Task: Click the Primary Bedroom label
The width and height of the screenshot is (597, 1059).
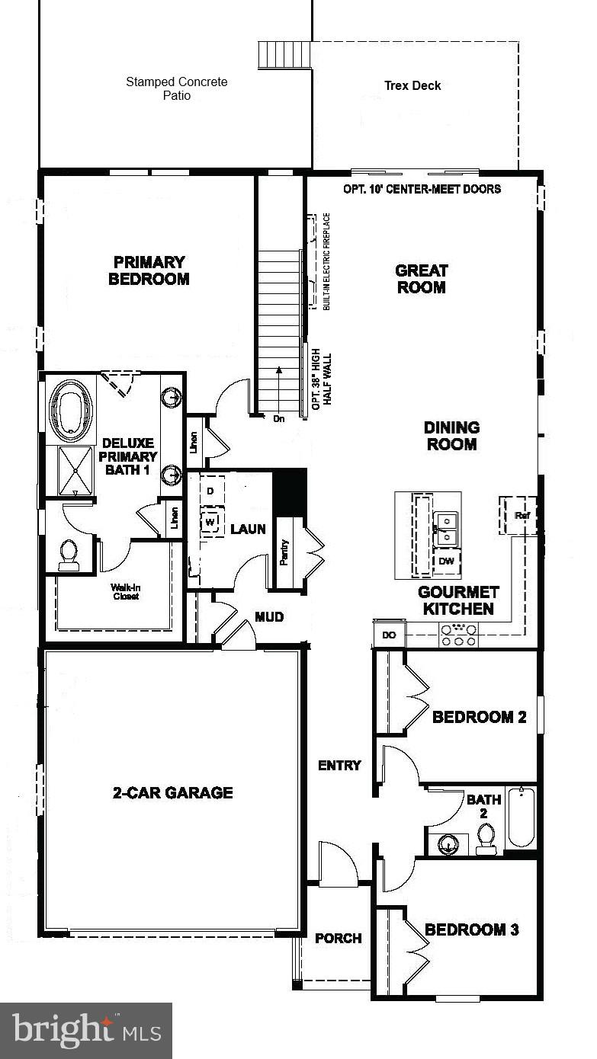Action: pyautogui.click(x=149, y=270)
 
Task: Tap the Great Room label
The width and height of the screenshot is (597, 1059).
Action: pyautogui.click(x=421, y=279)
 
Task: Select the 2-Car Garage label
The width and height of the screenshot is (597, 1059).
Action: pyautogui.click(x=172, y=792)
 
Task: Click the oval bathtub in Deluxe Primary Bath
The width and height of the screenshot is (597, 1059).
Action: pyautogui.click(x=71, y=410)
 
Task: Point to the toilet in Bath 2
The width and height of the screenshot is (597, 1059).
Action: pyautogui.click(x=486, y=839)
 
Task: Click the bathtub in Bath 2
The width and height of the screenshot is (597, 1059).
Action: pyautogui.click(x=522, y=817)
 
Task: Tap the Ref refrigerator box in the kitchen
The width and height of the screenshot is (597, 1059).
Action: pyautogui.click(x=521, y=516)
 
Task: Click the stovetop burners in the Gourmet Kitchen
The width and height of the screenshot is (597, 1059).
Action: pyautogui.click(x=458, y=635)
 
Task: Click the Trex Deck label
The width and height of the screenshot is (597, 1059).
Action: pyautogui.click(x=412, y=85)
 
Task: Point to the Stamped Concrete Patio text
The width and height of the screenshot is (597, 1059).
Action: pyautogui.click(x=176, y=88)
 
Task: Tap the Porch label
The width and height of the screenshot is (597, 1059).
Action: pyautogui.click(x=338, y=938)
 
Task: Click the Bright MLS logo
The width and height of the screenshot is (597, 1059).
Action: pyautogui.click(x=86, y=1031)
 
